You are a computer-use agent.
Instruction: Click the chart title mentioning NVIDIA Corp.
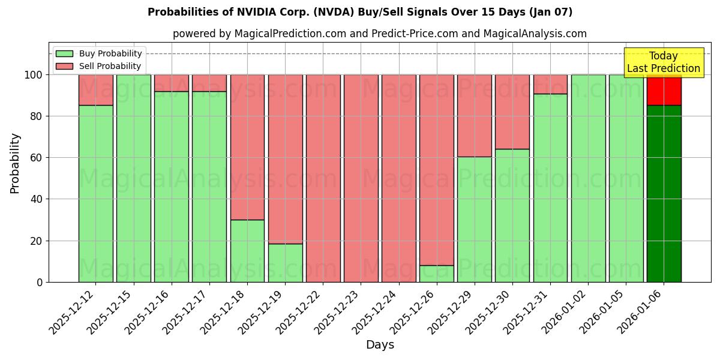360,12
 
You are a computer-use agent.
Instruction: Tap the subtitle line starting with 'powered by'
379,34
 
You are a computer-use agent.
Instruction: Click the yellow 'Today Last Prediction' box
663,62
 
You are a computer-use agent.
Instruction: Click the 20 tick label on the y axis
37,241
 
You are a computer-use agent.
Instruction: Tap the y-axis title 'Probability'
15,163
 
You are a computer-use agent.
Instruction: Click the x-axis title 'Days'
380,344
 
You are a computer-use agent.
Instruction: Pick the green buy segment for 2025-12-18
247,251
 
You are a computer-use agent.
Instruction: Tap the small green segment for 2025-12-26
436,274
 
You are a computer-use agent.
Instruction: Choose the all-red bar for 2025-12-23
361,178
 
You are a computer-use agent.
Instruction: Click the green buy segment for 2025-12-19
285,263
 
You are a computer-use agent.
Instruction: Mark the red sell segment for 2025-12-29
474,116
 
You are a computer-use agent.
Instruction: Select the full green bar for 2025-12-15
133,178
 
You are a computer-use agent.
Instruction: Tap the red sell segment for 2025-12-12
95,90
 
